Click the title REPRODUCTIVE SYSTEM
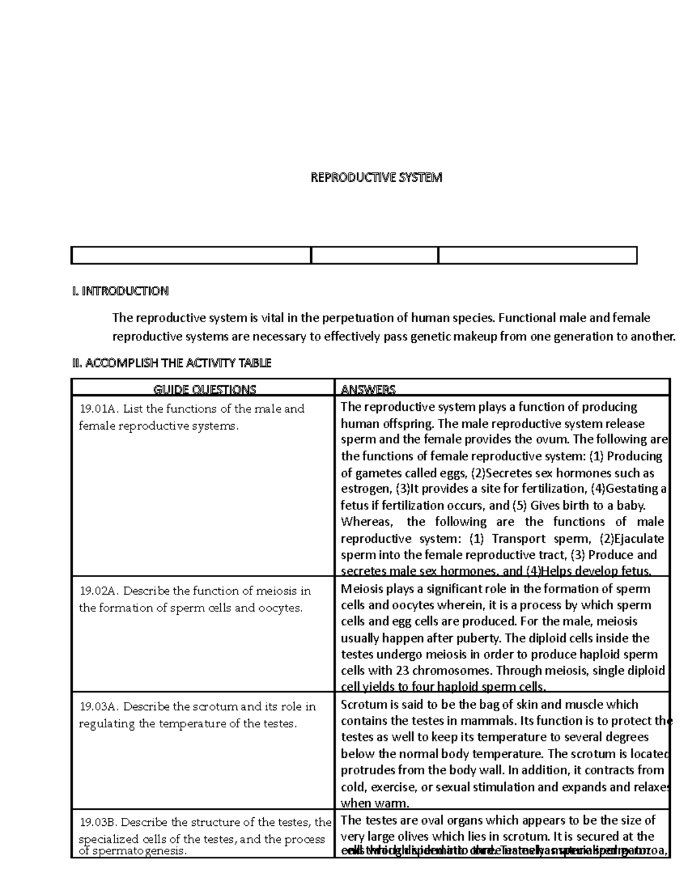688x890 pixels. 376,178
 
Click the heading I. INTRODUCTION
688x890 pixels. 120,291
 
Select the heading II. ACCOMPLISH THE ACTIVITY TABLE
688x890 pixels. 171,363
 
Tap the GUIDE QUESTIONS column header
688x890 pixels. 204,390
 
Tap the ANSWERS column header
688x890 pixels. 368,390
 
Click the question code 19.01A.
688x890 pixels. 98,409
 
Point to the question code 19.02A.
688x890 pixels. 98,591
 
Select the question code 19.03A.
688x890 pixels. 98,707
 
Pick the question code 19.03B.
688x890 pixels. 98,822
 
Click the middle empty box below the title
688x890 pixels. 374,256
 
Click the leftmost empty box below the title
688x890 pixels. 190,256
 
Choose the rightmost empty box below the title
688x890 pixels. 538,256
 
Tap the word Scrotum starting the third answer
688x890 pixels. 363,704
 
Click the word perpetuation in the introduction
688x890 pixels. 357,317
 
